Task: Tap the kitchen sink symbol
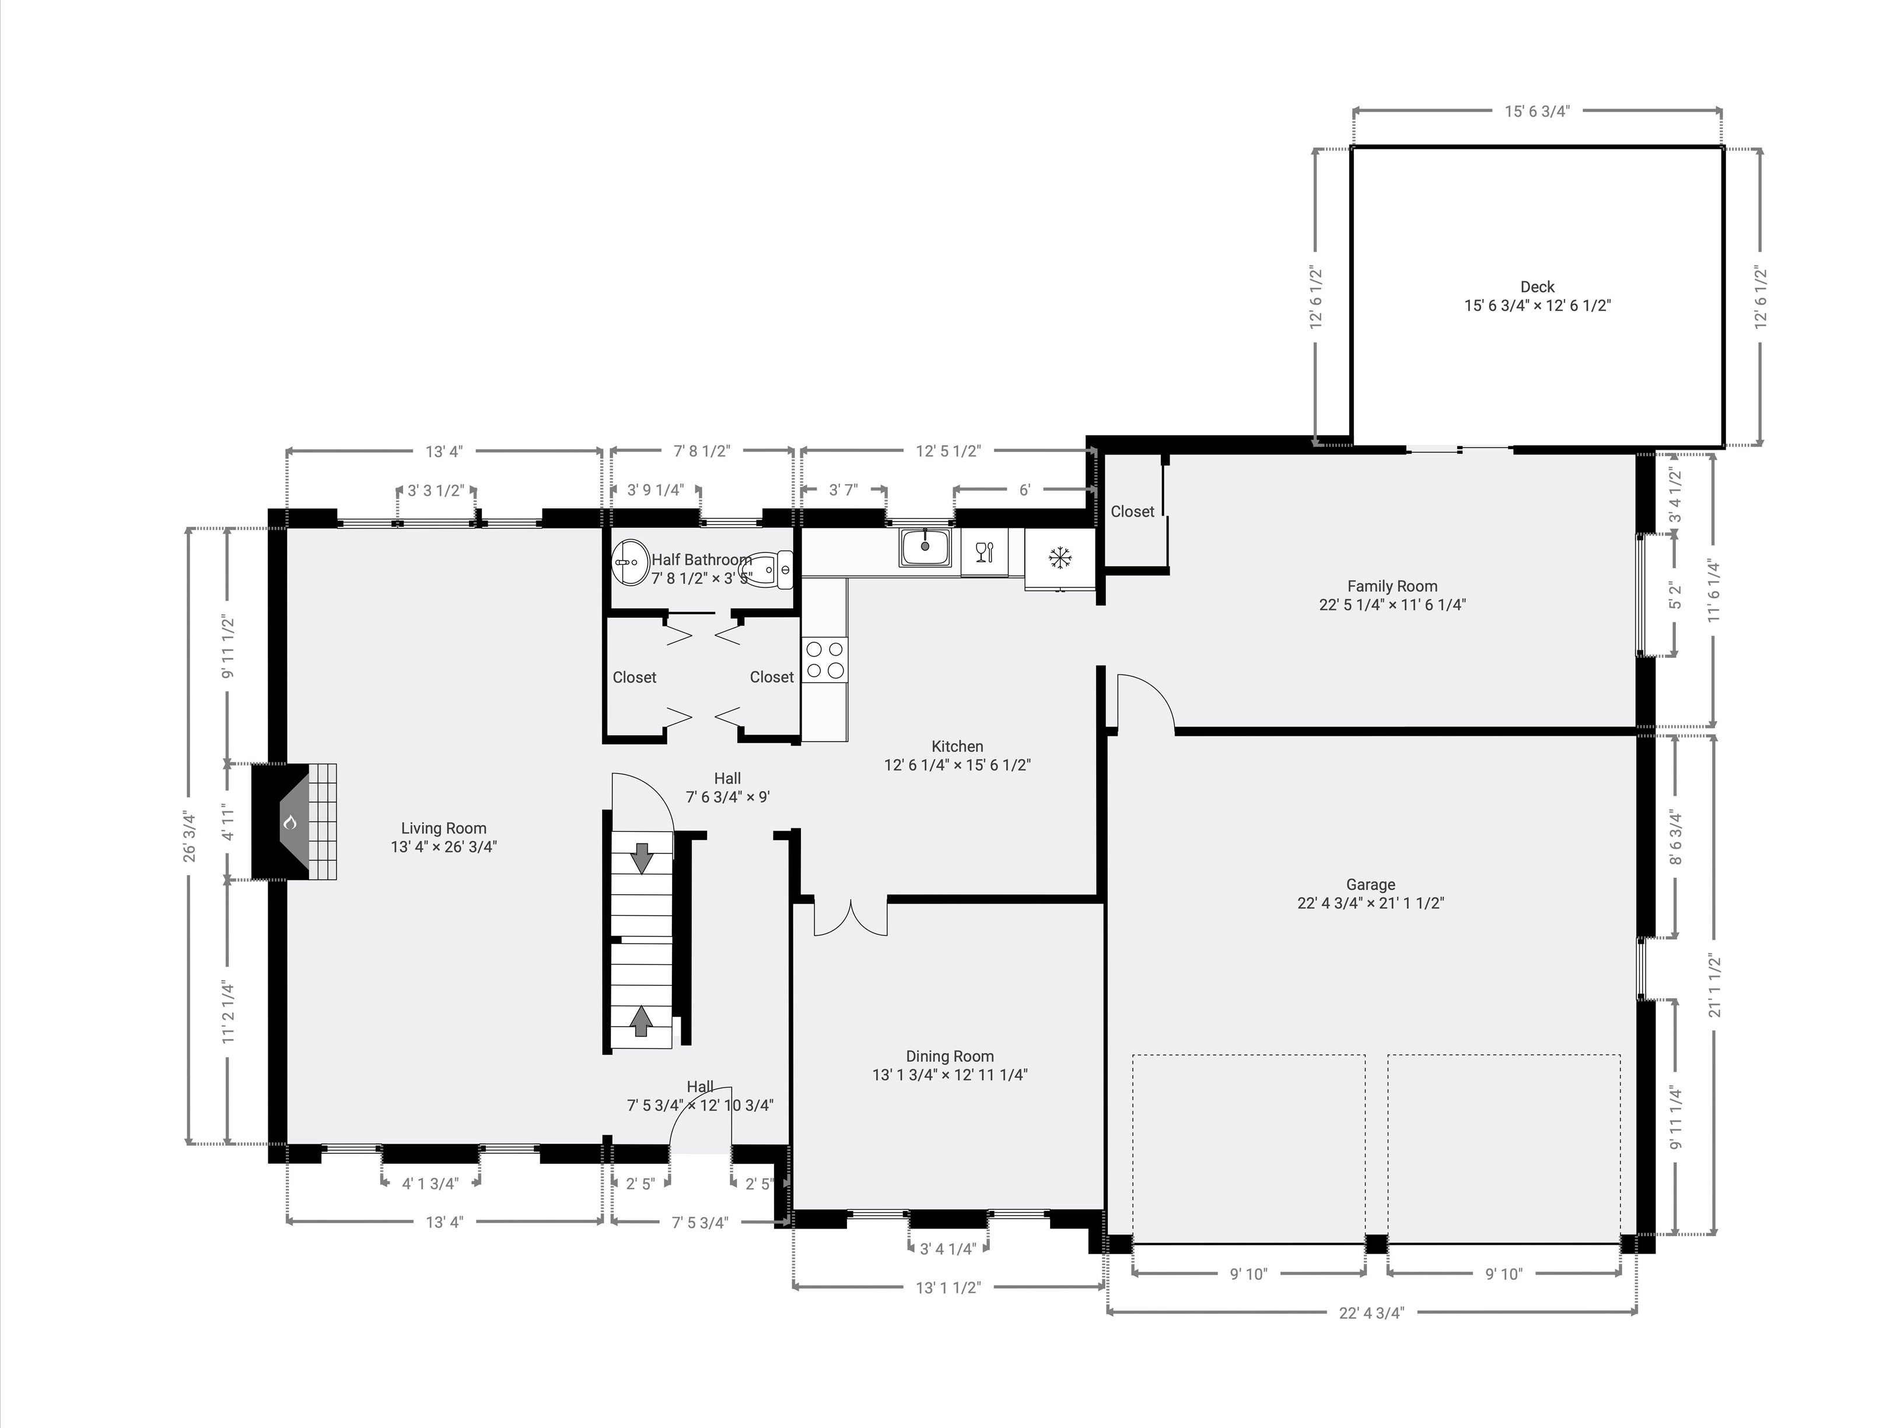coord(925,547)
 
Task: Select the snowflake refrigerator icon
coord(1059,558)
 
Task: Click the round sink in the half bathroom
coord(631,563)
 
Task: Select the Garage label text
coord(1370,884)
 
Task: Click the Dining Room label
coord(950,1056)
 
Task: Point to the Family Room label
coord(1392,586)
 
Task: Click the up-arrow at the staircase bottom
coord(640,1021)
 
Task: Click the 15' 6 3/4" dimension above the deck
coord(1536,111)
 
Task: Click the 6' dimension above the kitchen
coord(1024,490)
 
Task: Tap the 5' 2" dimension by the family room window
coord(1675,596)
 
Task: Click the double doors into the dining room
coord(850,918)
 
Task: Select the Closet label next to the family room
coord(1132,511)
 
